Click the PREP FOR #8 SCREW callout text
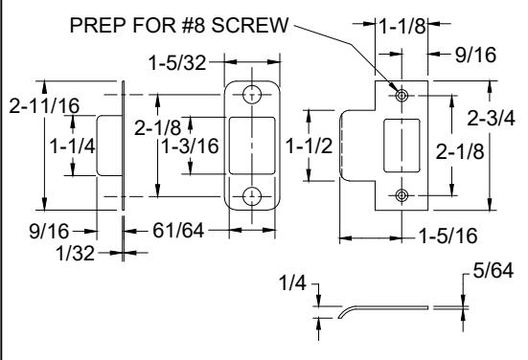[x=179, y=25]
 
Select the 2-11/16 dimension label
[x=44, y=105]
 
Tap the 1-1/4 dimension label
[x=73, y=146]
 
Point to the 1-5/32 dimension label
[x=177, y=63]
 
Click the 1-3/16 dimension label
[x=191, y=146]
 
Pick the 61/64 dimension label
[x=178, y=231]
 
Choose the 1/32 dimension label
[x=75, y=254]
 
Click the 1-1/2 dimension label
[x=310, y=146]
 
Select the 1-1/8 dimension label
[x=402, y=26]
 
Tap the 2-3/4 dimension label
[x=491, y=119]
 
